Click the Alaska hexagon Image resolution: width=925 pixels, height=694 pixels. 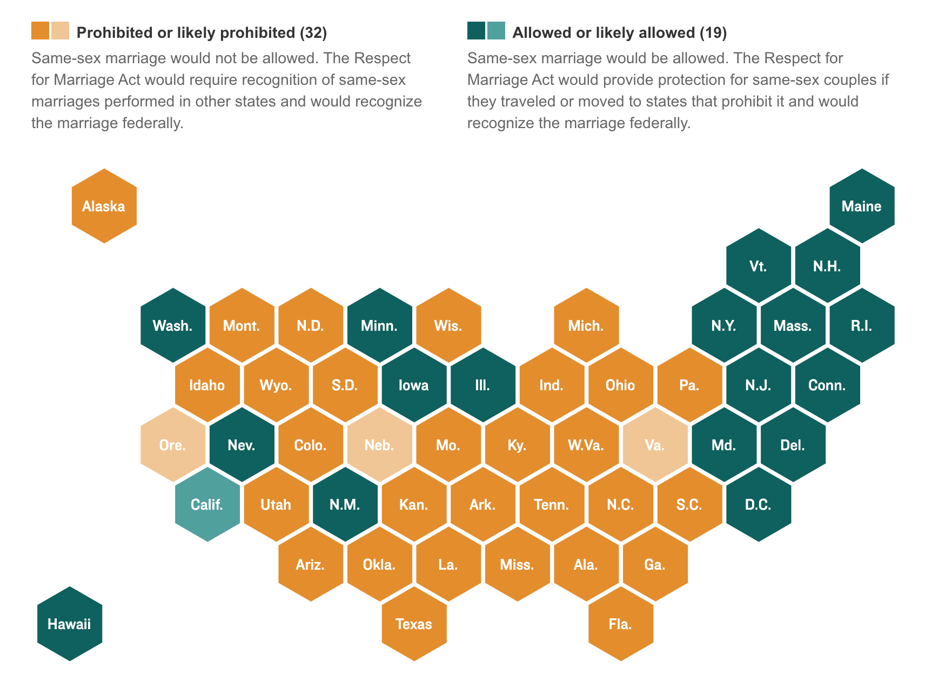point(104,206)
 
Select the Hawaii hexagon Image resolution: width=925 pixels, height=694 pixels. point(70,624)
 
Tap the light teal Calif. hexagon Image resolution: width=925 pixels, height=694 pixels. point(207,504)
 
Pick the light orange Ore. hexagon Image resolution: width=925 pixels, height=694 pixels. point(173,445)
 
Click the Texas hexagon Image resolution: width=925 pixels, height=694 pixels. point(414,624)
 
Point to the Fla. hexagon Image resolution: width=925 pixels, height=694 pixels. point(620,624)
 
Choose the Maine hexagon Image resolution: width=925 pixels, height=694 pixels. point(862,206)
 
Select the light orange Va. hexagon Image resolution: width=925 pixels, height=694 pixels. point(655,445)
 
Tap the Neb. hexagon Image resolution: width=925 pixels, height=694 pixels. point(379,445)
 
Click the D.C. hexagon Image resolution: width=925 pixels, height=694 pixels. point(758,504)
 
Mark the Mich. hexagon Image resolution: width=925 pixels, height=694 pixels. point(586,325)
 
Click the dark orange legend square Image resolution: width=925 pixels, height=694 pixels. point(41,31)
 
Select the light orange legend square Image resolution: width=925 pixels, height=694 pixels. point(61,31)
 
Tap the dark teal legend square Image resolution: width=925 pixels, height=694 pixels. point(476,31)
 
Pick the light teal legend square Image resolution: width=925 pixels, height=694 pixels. point(496,31)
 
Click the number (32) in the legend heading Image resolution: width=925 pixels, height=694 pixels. point(313,33)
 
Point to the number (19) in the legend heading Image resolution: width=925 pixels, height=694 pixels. point(713,33)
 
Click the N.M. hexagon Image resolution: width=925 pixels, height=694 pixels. point(345,504)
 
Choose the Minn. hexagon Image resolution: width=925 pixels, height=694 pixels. point(379,325)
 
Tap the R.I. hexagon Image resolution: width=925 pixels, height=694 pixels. point(862,325)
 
